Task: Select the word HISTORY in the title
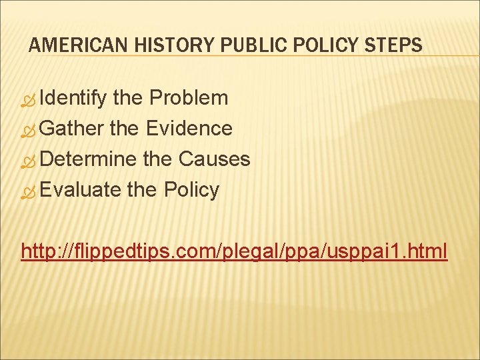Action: [x=158, y=45]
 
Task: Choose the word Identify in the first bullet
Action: [x=73, y=99]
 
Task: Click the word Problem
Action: [x=189, y=98]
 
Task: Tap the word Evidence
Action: [x=189, y=128]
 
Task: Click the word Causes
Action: [x=214, y=159]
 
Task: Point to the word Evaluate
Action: [x=80, y=189]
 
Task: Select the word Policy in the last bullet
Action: [x=191, y=190]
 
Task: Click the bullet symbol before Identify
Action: [x=28, y=100]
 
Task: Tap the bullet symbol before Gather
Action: [x=28, y=130]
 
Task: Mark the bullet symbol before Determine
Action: [x=28, y=161]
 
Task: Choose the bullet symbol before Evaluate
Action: [x=28, y=191]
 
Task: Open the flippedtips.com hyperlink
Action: [x=234, y=251]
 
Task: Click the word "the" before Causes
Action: [x=158, y=159]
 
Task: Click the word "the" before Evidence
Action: [x=124, y=128]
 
